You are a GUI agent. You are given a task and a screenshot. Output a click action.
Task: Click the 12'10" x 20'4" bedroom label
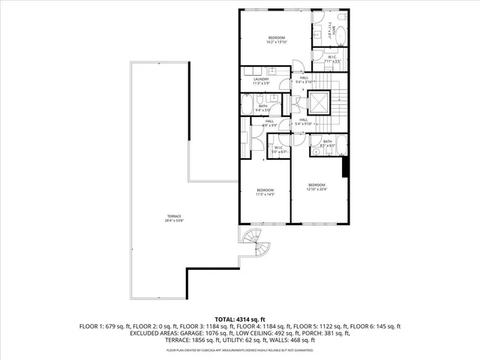click(316, 186)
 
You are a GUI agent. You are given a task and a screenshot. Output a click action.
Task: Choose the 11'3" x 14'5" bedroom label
click(265, 191)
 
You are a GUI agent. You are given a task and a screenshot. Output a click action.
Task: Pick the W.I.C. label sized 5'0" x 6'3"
click(277, 149)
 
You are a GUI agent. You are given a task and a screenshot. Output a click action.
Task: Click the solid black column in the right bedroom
click(345, 166)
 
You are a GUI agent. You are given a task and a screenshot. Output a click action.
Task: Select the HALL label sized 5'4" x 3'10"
click(304, 79)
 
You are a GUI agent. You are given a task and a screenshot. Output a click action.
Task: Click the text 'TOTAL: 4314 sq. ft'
click(240, 319)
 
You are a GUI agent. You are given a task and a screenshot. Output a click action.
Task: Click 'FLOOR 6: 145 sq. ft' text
click(378, 326)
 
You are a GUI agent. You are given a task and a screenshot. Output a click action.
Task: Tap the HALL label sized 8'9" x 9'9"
click(268, 122)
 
